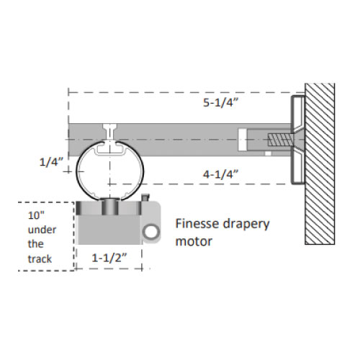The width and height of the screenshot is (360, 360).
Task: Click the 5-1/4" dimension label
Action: tap(220, 103)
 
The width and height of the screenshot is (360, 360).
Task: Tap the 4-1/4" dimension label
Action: tap(220, 174)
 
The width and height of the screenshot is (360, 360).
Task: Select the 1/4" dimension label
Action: tap(51, 162)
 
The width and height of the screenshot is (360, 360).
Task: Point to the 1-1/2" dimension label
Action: tap(109, 258)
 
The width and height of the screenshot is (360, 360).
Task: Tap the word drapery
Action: tap(246, 225)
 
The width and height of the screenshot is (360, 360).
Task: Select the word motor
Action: tap(194, 241)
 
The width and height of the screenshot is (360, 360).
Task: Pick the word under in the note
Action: tap(42, 230)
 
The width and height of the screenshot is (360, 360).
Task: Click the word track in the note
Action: tap(40, 259)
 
